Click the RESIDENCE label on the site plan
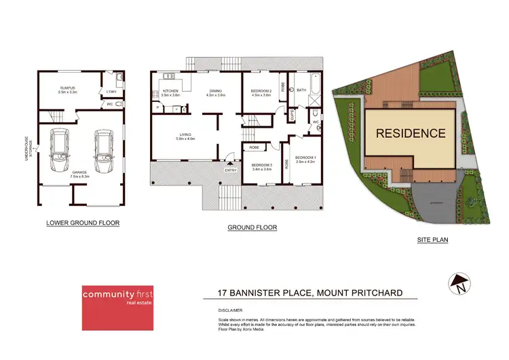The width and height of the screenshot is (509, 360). pos(411,134)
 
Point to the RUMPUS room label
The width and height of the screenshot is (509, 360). pos(67,88)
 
